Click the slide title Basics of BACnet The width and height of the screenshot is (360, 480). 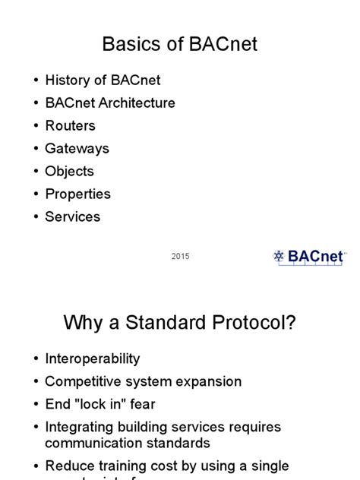180,44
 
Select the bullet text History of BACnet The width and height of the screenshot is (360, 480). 103,80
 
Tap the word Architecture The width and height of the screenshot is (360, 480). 135,103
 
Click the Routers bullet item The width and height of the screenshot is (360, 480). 70,125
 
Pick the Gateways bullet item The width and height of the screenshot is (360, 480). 77,148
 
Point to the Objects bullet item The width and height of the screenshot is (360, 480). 69,171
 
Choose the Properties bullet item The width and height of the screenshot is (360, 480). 77,194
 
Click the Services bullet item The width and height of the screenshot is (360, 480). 72,216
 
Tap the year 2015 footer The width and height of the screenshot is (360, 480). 180,257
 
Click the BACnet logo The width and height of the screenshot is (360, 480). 309,256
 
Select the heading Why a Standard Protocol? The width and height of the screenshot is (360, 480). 180,324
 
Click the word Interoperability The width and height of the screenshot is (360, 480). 92,358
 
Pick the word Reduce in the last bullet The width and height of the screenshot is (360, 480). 68,466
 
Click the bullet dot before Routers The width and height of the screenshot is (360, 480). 35,126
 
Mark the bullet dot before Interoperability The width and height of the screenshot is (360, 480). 35,359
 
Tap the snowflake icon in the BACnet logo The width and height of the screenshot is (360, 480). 279,256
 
